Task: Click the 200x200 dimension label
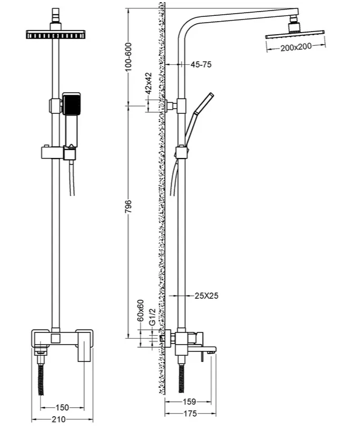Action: pyautogui.click(x=296, y=47)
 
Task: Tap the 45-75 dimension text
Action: pyautogui.click(x=201, y=65)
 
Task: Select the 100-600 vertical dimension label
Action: pyautogui.click(x=128, y=57)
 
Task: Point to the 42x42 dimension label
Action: pyautogui.click(x=148, y=83)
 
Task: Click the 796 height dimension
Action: pyautogui.click(x=128, y=207)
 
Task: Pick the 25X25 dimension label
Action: pyautogui.click(x=206, y=296)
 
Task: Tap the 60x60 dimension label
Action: pyautogui.click(x=141, y=311)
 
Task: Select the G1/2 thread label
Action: pyautogui.click(x=153, y=317)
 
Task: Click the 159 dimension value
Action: pyautogui.click(x=189, y=402)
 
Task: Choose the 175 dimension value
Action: pyautogui.click(x=190, y=414)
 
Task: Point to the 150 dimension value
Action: pyautogui.click(x=62, y=407)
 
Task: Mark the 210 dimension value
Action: pyautogui.click(x=59, y=419)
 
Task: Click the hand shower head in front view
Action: pyautogui.click(x=72, y=104)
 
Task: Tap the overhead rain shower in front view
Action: pyautogui.click(x=56, y=35)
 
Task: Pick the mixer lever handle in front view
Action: pyautogui.click(x=84, y=346)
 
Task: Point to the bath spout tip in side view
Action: pyautogui.click(x=212, y=350)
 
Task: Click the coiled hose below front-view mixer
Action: pyautogui.click(x=41, y=380)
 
